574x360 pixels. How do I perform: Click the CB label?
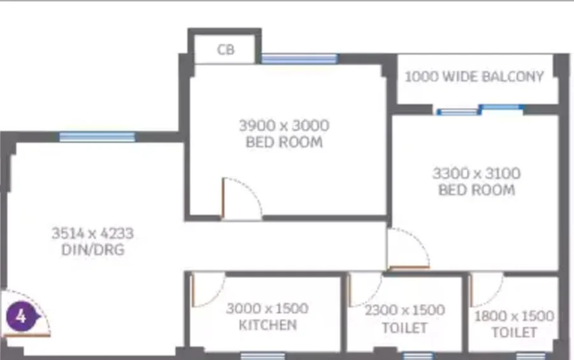pos(226,50)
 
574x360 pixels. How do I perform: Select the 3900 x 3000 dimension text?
pos(284,126)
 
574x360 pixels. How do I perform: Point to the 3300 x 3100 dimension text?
pos(476,173)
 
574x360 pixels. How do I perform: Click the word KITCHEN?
pos(268,325)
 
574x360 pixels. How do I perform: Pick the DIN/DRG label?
pos(93,250)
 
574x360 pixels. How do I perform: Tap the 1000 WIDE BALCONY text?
pos(474,77)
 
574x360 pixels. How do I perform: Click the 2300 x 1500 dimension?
pos(405,311)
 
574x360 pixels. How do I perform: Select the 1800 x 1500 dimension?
pos(514,316)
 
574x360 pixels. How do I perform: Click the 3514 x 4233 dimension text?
pos(92,233)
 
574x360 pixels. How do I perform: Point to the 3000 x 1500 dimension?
pos(267,308)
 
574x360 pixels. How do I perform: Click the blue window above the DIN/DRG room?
pos(97,137)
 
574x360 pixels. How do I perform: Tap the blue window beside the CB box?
pos(300,59)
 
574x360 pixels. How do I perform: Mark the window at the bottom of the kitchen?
pos(263,356)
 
